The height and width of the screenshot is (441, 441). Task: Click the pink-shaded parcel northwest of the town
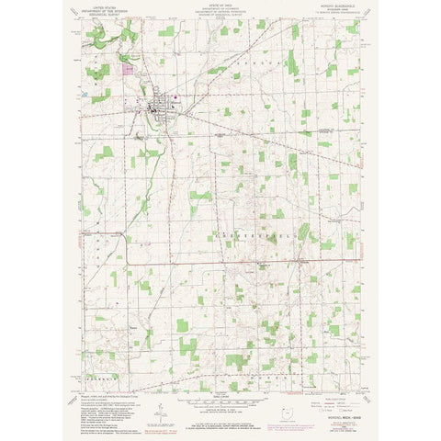pyautogui.click(x=130, y=67)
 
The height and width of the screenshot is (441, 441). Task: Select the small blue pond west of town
pyautogui.click(x=85, y=94)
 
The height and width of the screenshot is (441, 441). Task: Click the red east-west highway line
pyautogui.click(x=220, y=264)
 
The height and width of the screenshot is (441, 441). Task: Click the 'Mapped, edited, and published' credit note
pyautogui.click(x=101, y=397)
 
